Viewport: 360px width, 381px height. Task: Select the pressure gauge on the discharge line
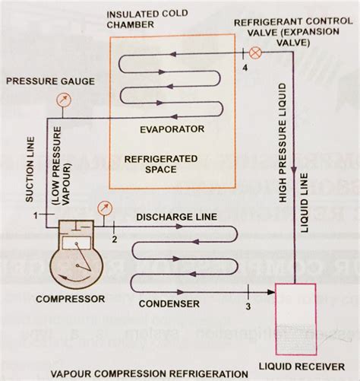(103, 208)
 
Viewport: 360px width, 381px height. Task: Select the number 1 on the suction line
(36, 217)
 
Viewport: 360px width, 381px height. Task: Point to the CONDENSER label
(169, 303)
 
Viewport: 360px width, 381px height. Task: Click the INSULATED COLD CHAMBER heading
(143, 21)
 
